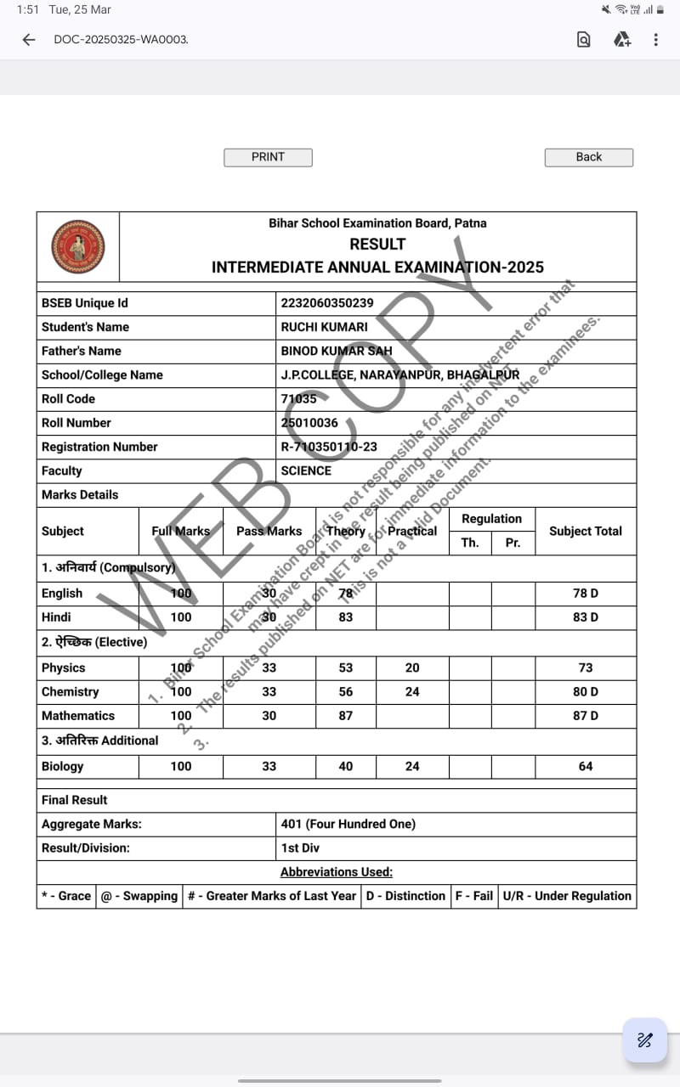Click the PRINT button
(x=268, y=157)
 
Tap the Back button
(x=588, y=157)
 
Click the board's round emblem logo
(x=78, y=246)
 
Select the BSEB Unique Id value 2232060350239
(x=327, y=303)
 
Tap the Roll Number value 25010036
(x=309, y=422)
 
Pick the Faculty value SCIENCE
(x=306, y=470)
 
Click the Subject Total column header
(x=585, y=531)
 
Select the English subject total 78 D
(x=585, y=593)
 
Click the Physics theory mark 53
(x=345, y=667)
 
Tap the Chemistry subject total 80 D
(x=585, y=691)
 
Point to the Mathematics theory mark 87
(x=345, y=715)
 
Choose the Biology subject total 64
(x=585, y=766)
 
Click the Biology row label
(x=63, y=766)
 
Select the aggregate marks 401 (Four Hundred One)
(x=348, y=824)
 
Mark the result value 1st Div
(x=300, y=848)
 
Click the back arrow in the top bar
(x=29, y=39)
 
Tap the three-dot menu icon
(x=655, y=39)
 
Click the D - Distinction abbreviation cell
(x=405, y=896)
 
